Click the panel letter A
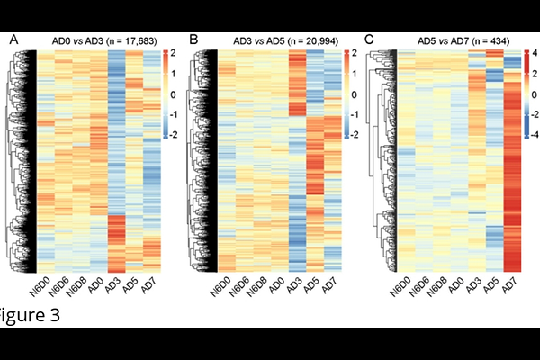pyautogui.click(x=13, y=40)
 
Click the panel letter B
pyautogui.click(x=193, y=40)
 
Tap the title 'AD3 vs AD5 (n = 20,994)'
pyautogui.click(x=276, y=40)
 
